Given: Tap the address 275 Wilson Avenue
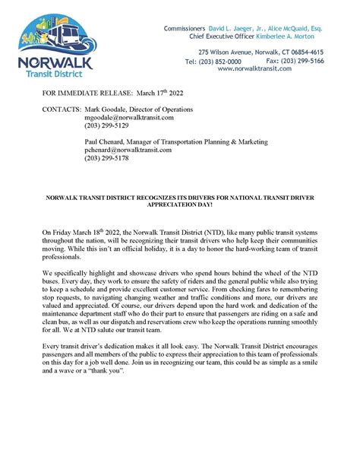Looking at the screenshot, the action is [x=216, y=52].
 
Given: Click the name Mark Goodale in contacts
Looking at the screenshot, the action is [x=99, y=109].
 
